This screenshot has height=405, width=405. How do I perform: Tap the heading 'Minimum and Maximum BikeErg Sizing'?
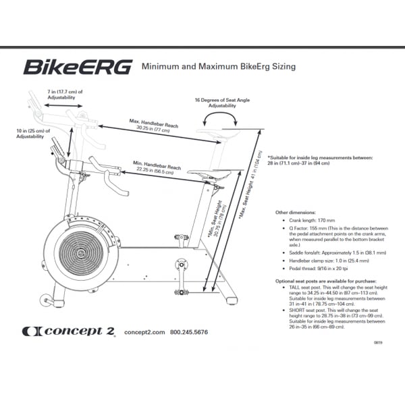point(218,67)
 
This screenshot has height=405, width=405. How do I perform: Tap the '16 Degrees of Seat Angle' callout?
point(221,103)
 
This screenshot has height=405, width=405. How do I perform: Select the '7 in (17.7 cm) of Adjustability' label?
point(65,94)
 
